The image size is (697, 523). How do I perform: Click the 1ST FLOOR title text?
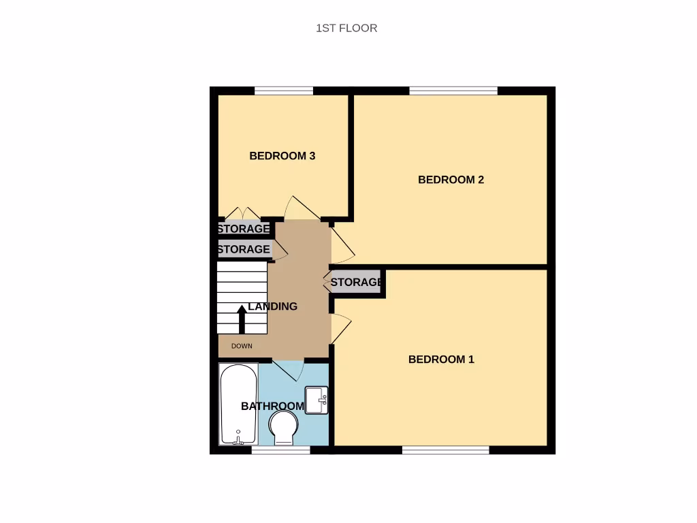point(346,28)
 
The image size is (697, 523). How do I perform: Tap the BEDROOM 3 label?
point(282,156)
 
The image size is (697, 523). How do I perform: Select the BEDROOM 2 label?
point(451,180)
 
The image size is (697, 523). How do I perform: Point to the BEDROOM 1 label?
point(441,360)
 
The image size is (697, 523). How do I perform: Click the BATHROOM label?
point(272,407)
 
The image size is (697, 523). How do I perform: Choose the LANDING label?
point(272,306)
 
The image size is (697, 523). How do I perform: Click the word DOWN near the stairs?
point(242,346)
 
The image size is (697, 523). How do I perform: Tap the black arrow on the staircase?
point(242,319)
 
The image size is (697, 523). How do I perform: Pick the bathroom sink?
point(317,400)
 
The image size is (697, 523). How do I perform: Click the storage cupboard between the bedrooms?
point(356,282)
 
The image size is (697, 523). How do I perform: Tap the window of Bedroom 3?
point(283,91)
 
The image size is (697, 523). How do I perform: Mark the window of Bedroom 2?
point(453,91)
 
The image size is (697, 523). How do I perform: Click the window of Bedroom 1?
point(445,449)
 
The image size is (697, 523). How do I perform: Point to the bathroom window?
point(280,449)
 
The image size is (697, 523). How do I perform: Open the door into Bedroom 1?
point(340,328)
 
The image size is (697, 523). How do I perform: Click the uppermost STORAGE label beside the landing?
point(244,229)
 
